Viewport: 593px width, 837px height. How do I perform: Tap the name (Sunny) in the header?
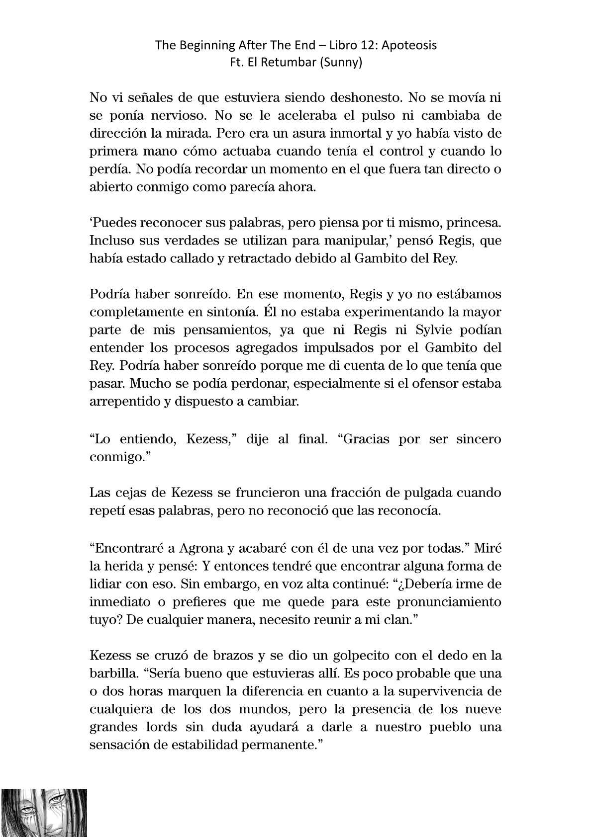[343, 63]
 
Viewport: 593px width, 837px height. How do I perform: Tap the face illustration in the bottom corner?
[44, 812]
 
